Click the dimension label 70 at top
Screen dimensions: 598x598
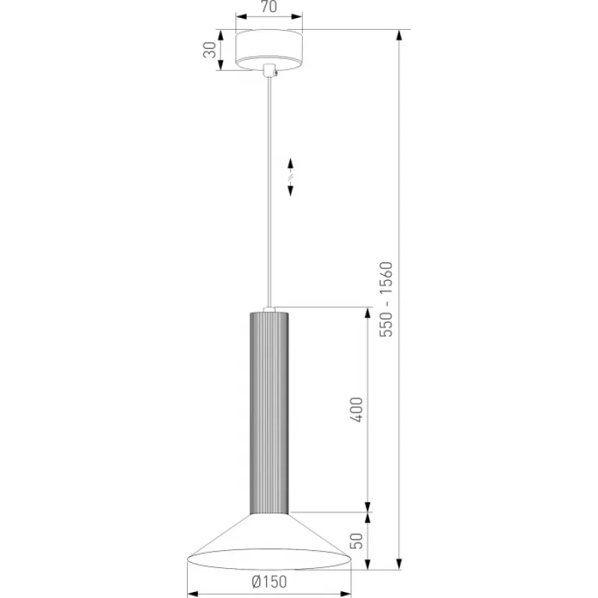[x=269, y=7]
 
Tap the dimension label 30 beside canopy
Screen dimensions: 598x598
[x=209, y=49]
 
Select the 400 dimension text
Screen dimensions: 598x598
[x=357, y=410]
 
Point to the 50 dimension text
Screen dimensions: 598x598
[x=357, y=540]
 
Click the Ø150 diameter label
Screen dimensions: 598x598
[x=269, y=582]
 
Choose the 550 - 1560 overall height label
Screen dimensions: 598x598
[x=386, y=300]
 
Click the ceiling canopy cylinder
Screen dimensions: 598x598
[x=269, y=50]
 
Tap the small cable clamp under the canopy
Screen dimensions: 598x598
[x=270, y=70]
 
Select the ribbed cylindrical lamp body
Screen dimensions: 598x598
[x=269, y=413]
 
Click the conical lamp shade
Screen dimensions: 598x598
[x=269, y=541]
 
